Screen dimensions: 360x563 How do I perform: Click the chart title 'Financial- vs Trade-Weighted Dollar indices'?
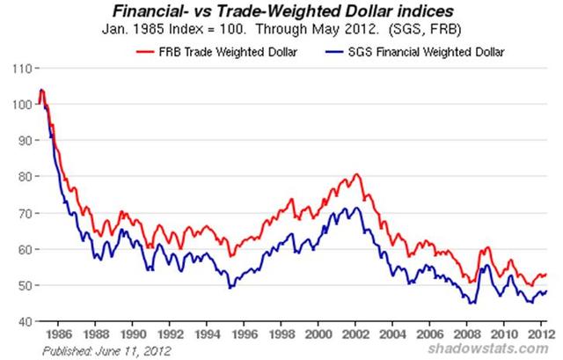282,11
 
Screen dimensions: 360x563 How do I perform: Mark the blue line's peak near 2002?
352,208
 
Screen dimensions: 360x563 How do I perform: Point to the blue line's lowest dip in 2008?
472,304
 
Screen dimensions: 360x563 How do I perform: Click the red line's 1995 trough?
230,257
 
